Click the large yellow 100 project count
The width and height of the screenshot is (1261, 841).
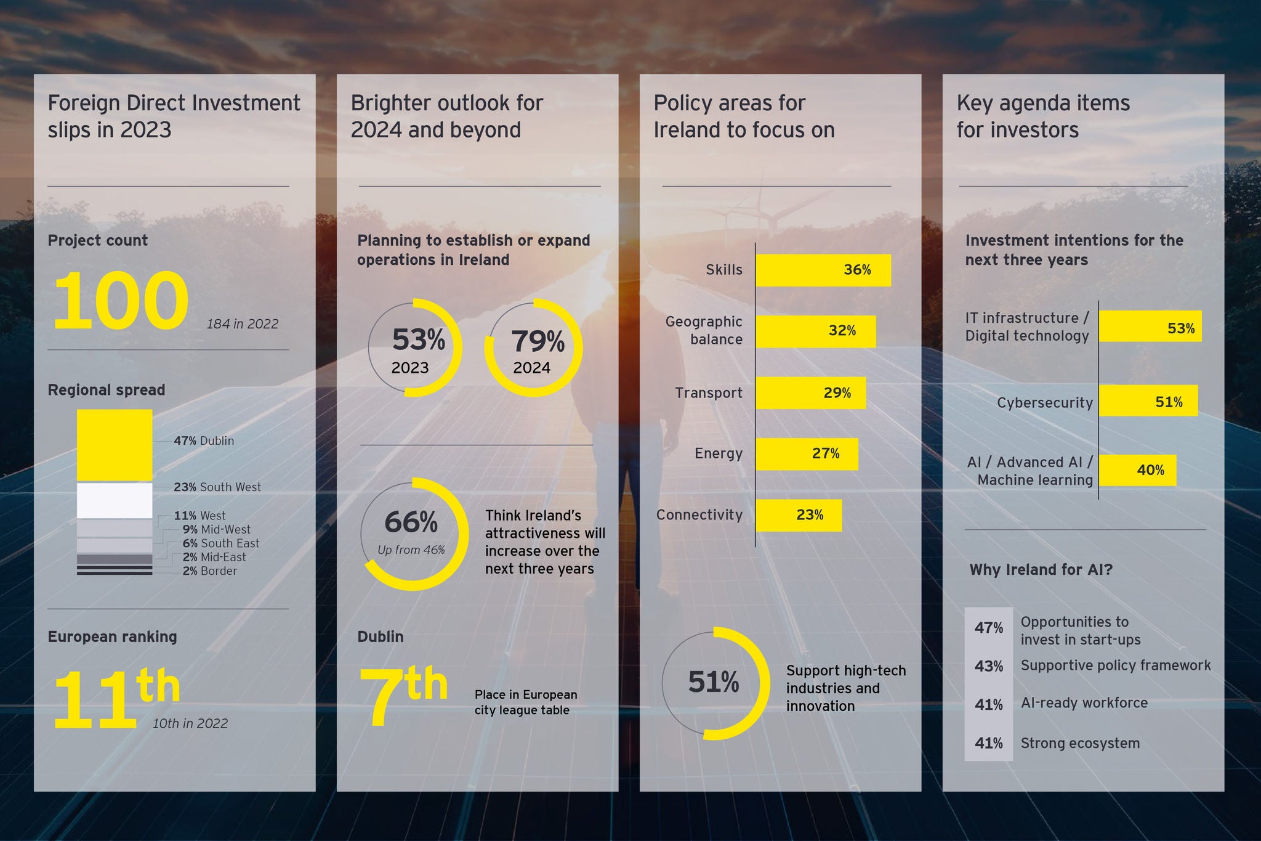[x=121, y=301]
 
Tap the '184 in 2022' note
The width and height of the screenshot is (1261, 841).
[x=242, y=324]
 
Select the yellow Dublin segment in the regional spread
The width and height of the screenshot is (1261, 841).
[x=115, y=445]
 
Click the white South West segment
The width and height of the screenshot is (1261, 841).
[x=115, y=500]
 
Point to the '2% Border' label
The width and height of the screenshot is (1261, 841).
[x=209, y=571]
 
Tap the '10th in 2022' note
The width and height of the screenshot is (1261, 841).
[x=190, y=724]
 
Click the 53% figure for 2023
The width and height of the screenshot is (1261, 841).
[x=418, y=340]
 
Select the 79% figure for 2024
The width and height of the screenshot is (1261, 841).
[x=537, y=341]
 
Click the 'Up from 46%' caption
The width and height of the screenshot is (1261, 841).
[x=411, y=550]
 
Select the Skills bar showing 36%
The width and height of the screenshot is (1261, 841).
[x=823, y=270]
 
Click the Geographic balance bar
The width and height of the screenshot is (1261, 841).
[x=815, y=331]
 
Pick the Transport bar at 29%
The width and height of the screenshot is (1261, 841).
[x=810, y=393]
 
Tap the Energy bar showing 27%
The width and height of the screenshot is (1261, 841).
[x=807, y=454]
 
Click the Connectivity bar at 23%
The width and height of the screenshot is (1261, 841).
[x=798, y=515]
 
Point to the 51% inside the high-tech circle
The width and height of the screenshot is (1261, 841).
[x=713, y=683]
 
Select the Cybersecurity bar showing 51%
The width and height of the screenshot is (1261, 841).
[x=1148, y=401]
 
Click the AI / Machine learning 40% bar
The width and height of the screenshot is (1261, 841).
[x=1137, y=471]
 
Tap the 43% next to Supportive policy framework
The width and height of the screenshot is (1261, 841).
[x=988, y=667]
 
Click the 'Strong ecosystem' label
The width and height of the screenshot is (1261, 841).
[x=1080, y=744]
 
